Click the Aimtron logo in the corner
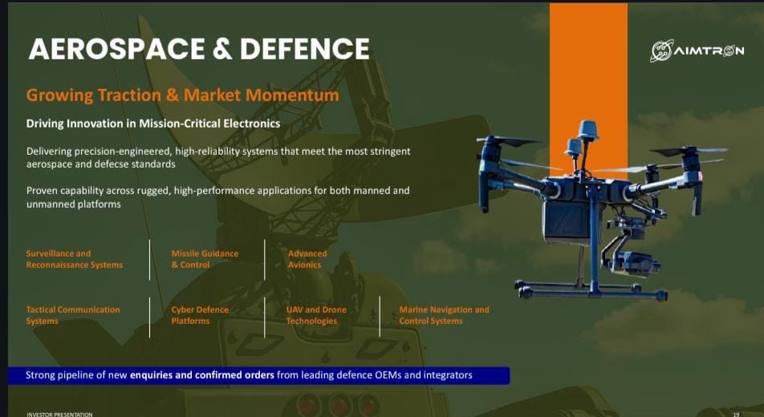[x=697, y=50]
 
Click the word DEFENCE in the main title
[x=304, y=50]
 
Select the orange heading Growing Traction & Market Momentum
[x=182, y=95]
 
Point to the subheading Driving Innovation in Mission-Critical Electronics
[x=153, y=123]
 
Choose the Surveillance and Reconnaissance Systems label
[x=74, y=259]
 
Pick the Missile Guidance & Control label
[x=205, y=259]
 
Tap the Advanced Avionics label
[x=307, y=259]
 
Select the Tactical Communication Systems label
[x=72, y=315]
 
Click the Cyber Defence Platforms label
[x=200, y=315]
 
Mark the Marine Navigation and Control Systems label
[x=444, y=315]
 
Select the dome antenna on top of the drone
[x=588, y=130]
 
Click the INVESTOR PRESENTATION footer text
[x=59, y=414]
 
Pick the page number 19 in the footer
[x=736, y=414]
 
